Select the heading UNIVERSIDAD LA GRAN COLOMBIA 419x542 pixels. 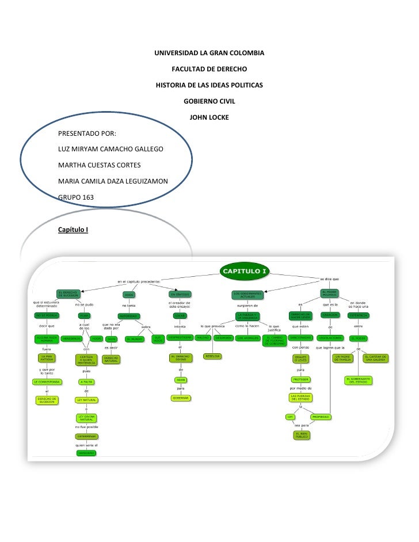coord(209,54)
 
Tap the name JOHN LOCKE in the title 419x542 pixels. coord(209,118)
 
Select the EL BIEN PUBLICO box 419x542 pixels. coord(302,435)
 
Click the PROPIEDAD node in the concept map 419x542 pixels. coord(321,417)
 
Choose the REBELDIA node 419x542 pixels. coord(213,356)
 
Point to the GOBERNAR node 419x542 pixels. coord(180,398)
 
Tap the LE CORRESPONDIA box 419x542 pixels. coord(47,381)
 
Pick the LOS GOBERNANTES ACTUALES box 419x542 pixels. coord(247,295)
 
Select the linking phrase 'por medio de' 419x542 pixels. coord(301,388)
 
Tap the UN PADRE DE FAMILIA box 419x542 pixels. coord(343,358)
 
